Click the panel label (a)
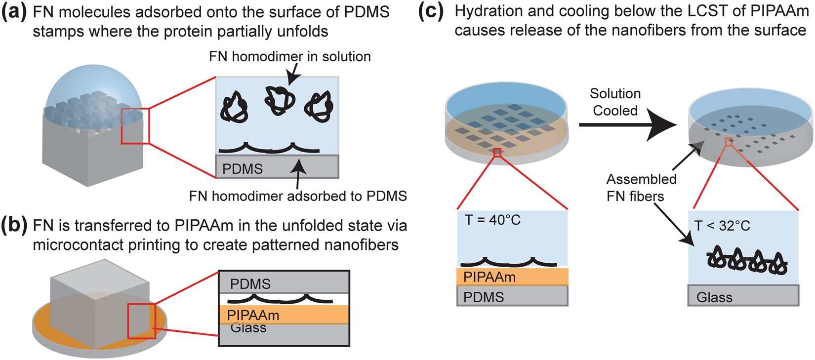coord(14,12)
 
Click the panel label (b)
coord(14,226)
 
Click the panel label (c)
coord(431,11)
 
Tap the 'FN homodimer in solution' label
coord(289,56)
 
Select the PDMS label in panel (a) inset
coord(242,169)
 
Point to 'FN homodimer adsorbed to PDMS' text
coord(298,196)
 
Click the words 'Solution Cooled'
coord(615,102)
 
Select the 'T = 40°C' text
coord(492,220)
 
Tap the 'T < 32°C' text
coord(722,226)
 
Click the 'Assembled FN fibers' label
coord(641,188)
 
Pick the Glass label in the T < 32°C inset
coord(714,297)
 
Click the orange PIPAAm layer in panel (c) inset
coord(512,277)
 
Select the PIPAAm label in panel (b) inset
coord(253,315)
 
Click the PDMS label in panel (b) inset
coord(250,284)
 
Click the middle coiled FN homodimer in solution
coord(278,101)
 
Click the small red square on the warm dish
coord(497,153)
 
